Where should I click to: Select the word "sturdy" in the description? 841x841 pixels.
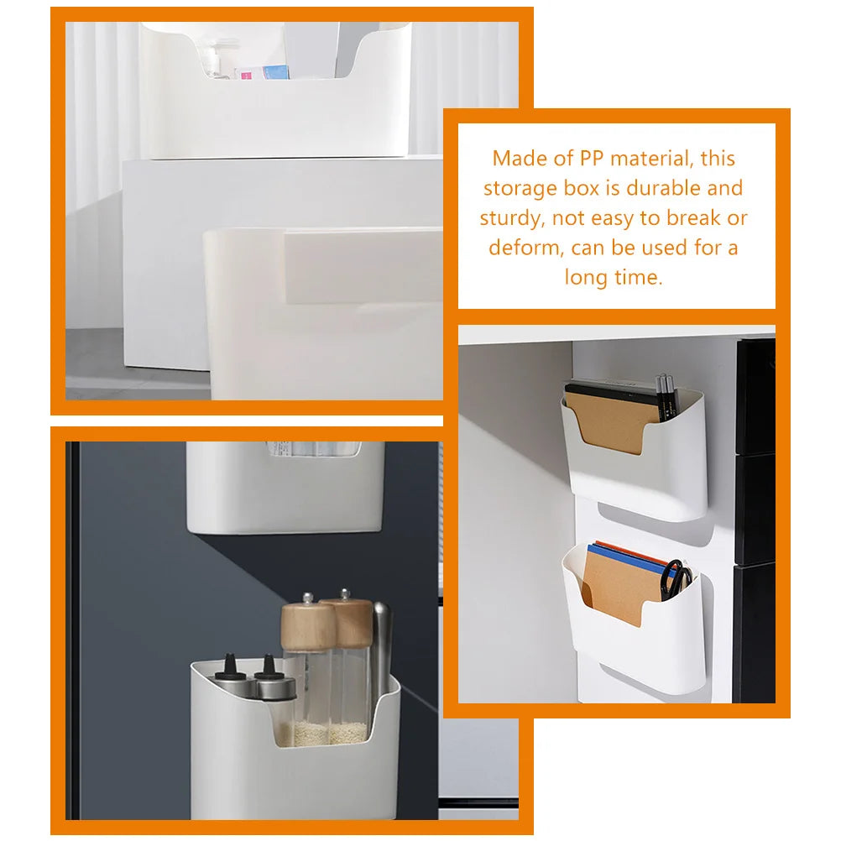pyautogui.click(x=508, y=219)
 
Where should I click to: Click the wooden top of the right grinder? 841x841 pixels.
pyautogui.click(x=346, y=617)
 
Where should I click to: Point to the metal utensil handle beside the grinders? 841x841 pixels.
pyautogui.click(x=382, y=646)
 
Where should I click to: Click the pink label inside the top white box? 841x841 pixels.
pyautogui.click(x=248, y=75)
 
